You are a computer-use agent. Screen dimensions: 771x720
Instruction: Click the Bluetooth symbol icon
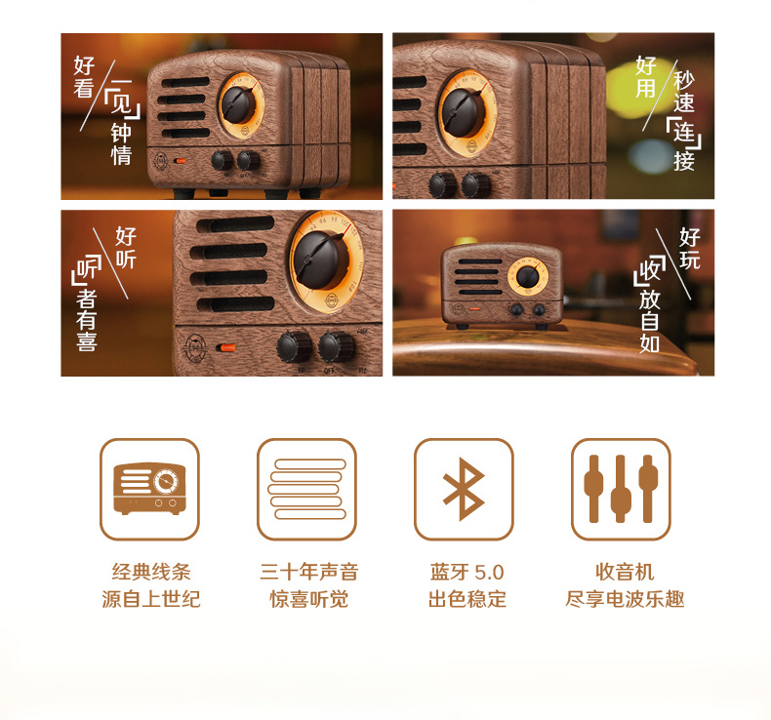[x=464, y=489]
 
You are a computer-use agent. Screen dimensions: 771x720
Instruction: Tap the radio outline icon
[x=149, y=489]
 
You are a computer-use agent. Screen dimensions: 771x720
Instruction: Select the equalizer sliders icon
[x=621, y=489]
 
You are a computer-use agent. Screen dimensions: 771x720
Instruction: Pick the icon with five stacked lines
[x=306, y=489]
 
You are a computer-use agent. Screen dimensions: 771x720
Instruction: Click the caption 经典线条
[x=151, y=572]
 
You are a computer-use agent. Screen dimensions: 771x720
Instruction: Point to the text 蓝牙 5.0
[x=467, y=572]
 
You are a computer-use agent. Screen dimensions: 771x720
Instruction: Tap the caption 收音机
[x=625, y=572]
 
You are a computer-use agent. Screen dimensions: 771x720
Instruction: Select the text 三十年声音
[x=309, y=572]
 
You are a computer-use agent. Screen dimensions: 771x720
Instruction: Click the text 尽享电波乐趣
[x=625, y=599]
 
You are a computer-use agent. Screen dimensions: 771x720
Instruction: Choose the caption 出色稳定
[x=467, y=599]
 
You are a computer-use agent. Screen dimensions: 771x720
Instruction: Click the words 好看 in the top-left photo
[x=84, y=77]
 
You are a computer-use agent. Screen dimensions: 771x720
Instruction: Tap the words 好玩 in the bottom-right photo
[x=689, y=248]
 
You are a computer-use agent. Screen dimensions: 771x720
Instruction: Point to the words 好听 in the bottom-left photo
[x=125, y=248]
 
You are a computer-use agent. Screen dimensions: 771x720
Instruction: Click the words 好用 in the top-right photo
[x=646, y=77]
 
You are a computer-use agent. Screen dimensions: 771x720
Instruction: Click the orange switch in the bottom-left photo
[x=227, y=348]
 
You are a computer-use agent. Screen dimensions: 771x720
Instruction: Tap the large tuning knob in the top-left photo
[x=238, y=104]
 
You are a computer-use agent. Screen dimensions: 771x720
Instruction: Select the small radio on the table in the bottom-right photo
[x=502, y=286]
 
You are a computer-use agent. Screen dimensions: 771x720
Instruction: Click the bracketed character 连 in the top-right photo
[x=683, y=132]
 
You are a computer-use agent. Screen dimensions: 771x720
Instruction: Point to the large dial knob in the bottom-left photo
[x=321, y=259]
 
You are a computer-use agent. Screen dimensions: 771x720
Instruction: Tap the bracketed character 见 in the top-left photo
[x=121, y=102]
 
